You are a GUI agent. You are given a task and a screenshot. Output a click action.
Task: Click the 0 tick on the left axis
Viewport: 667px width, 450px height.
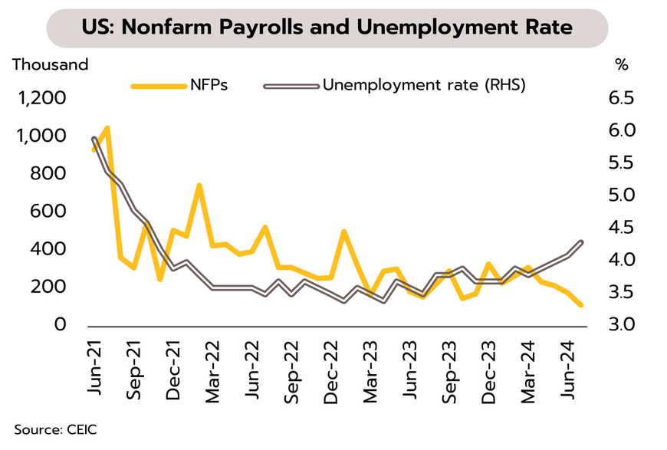[x=62, y=325]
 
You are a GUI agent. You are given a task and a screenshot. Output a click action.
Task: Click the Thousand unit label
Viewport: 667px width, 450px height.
[x=51, y=64]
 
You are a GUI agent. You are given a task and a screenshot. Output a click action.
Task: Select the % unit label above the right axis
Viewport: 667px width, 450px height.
[x=621, y=64]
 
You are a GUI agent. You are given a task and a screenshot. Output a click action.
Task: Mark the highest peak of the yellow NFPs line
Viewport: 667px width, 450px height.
[x=107, y=128]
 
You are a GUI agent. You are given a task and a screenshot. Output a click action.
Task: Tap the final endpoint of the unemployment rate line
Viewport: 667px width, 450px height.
[x=581, y=242]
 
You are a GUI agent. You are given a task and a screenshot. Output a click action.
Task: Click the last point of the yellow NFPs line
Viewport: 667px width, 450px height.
[x=581, y=305]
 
